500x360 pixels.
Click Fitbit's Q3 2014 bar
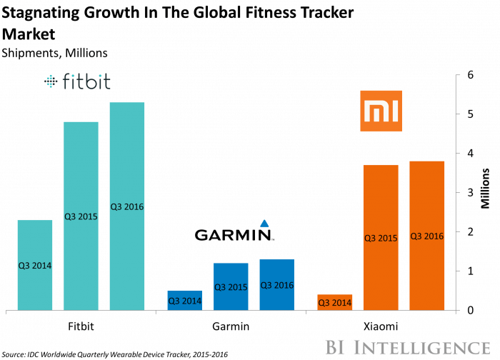pos(34,265)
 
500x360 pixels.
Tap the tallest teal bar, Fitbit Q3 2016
pos(126,206)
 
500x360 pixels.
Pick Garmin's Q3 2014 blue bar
pos(184,301)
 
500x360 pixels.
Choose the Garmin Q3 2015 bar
pos(231,286)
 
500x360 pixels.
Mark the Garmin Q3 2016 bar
pos(276,284)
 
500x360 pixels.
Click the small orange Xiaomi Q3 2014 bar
pos(334,302)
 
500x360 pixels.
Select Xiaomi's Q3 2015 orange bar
pos(381,237)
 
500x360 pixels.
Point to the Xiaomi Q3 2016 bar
pos(426,236)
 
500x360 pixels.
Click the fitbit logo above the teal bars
pos(77,82)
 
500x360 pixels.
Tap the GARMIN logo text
pos(234,235)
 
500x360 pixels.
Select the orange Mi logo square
pos(381,111)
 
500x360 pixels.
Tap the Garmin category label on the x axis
pos(231,326)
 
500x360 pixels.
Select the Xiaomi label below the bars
pos(381,326)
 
